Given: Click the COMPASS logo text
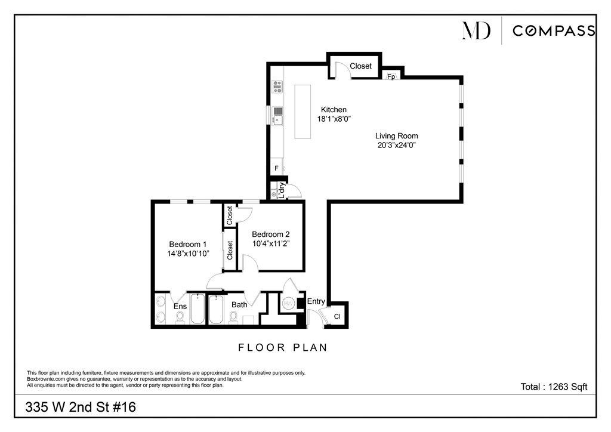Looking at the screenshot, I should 554,31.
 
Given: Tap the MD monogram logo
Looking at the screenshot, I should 476,30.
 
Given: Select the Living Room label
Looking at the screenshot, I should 396,136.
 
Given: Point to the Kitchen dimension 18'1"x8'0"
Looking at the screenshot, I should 334,119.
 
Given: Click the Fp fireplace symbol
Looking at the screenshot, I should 391,77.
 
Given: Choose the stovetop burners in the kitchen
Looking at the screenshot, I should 277,87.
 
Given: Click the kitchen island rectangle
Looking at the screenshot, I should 303,112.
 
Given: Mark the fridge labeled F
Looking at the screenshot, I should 276,169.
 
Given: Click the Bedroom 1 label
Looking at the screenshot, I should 188,244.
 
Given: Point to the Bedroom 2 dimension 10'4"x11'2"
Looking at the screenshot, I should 271,243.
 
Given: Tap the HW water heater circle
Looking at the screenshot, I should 289,303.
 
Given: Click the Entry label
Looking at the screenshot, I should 316,301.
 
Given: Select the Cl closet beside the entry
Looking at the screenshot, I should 337,316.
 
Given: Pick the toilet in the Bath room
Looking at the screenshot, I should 233,319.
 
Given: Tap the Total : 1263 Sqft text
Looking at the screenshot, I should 554,387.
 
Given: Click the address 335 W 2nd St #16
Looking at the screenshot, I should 81,408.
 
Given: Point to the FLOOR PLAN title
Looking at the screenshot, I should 283,347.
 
